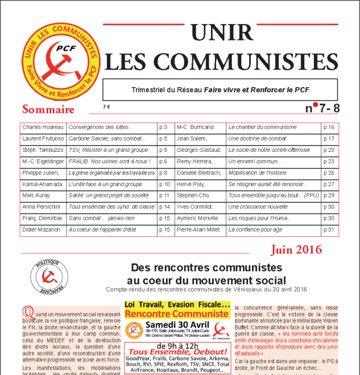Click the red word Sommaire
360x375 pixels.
pos(48,109)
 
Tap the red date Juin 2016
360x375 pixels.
pos(296,249)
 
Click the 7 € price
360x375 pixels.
pos(107,107)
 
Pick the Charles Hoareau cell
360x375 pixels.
pos(43,127)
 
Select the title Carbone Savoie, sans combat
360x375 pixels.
pos(100,138)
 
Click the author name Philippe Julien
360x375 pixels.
pos(40,173)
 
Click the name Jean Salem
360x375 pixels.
pos(191,138)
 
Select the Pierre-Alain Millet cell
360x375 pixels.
pos(200,229)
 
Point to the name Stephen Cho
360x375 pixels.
pos(193,195)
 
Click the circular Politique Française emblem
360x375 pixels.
pos(46,275)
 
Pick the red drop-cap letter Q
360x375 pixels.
pos(26,311)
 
